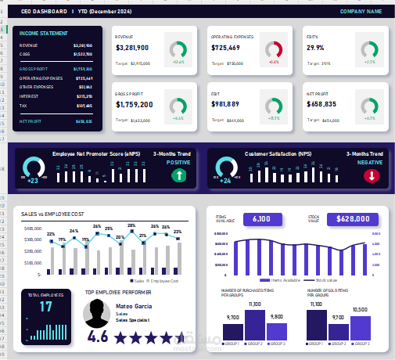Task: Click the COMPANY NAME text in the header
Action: point(361,12)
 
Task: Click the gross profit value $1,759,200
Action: point(135,104)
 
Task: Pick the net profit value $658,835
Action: point(321,104)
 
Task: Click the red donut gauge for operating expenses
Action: point(274,49)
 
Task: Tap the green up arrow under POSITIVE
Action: point(178,176)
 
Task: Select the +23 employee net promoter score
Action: point(32,181)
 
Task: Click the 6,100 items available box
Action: point(262,219)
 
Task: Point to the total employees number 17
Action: point(46,308)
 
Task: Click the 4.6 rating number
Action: point(98,337)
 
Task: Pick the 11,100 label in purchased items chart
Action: point(254,304)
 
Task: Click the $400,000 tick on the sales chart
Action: point(33,229)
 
